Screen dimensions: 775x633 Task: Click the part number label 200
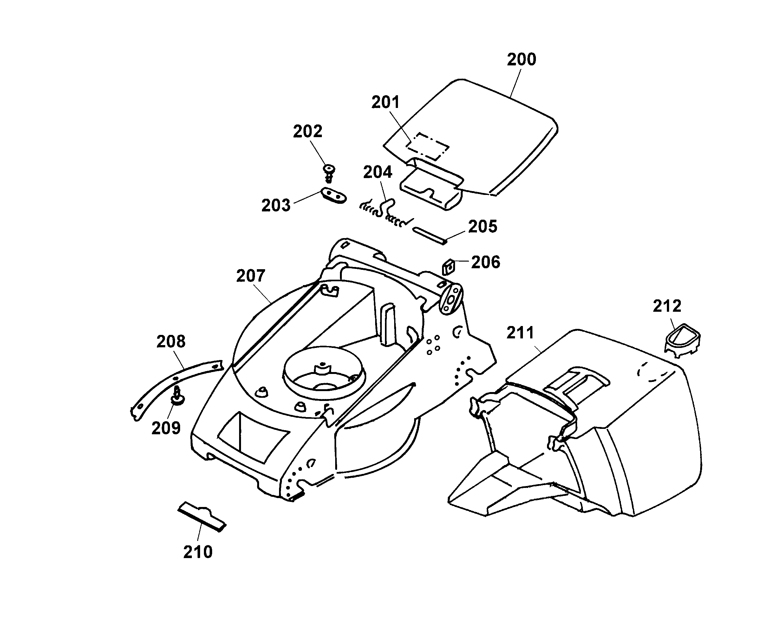point(522,59)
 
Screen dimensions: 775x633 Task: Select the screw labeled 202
point(329,173)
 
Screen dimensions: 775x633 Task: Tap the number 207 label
point(251,276)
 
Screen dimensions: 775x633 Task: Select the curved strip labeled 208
point(176,390)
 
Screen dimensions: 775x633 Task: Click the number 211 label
point(520,333)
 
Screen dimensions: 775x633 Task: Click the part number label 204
point(378,172)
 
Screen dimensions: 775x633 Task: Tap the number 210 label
point(198,552)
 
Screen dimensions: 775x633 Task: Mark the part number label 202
point(308,131)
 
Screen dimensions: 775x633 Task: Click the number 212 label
point(667,306)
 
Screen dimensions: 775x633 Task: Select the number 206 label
point(486,262)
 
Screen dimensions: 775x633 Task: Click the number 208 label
point(171,342)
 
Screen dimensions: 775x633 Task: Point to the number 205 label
point(483,227)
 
